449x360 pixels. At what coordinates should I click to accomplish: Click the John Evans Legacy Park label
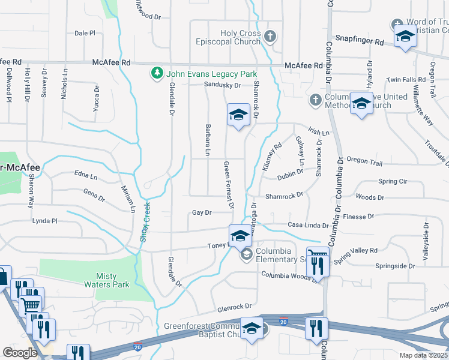203,73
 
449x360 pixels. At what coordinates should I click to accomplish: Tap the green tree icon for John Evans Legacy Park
157,73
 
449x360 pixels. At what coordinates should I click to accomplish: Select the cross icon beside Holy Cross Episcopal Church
270,37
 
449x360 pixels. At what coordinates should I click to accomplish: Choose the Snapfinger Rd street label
359,42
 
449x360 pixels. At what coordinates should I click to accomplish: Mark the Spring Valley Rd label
356,254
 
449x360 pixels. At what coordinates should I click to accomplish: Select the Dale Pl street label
85,34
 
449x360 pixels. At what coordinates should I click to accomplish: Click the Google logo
19,353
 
